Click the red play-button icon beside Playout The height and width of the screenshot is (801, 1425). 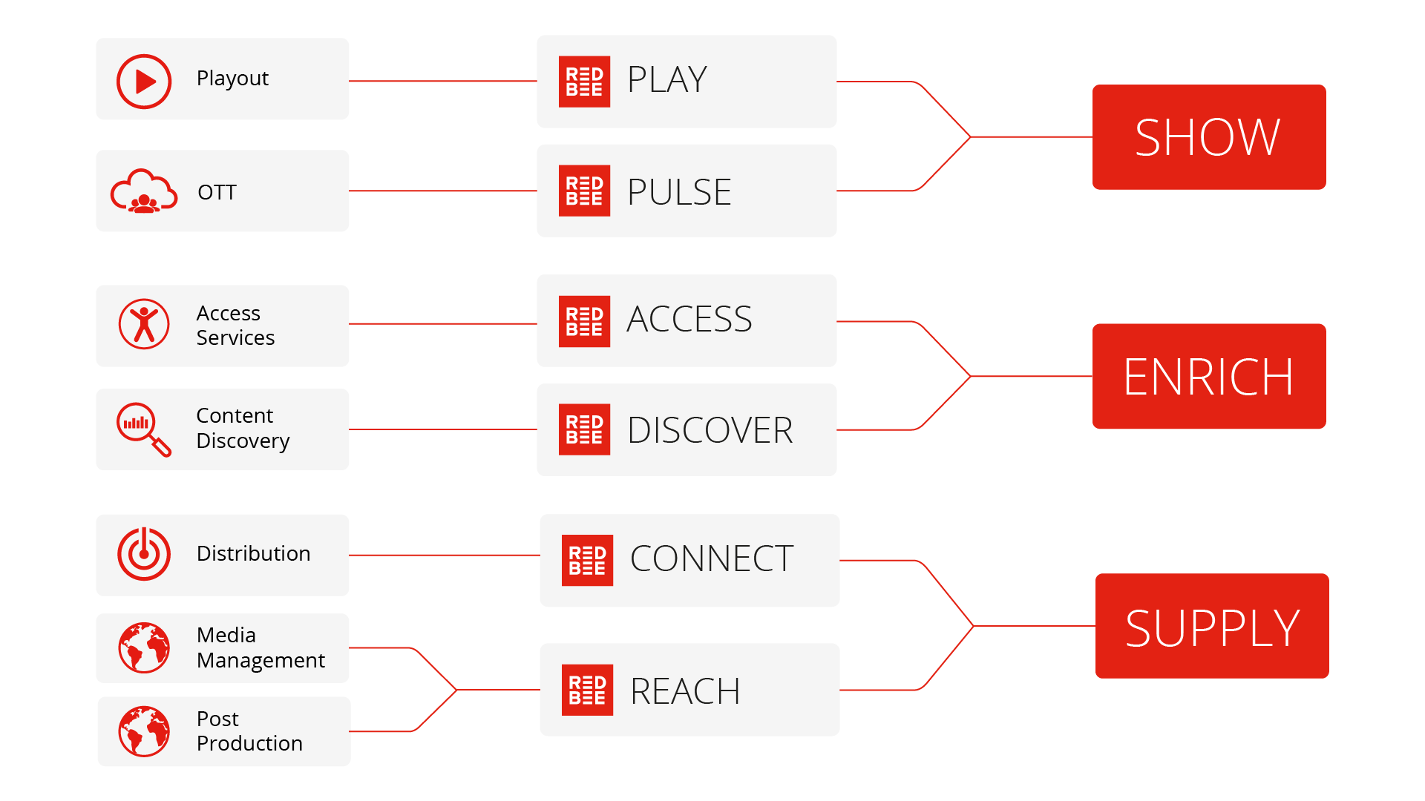click(x=144, y=82)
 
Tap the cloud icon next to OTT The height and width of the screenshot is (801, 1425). click(x=144, y=192)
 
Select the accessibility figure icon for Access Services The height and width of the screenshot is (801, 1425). click(x=144, y=324)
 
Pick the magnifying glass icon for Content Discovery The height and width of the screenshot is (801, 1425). click(x=142, y=429)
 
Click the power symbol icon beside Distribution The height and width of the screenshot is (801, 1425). click(x=144, y=554)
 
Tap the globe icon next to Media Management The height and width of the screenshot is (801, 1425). click(x=144, y=647)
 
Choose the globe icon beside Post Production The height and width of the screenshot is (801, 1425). click(x=144, y=731)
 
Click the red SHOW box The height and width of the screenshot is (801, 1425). click(x=1208, y=137)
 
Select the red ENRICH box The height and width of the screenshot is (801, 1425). click(x=1208, y=376)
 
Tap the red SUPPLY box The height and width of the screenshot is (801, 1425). click(x=1211, y=626)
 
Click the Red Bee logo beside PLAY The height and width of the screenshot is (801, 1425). click(x=584, y=82)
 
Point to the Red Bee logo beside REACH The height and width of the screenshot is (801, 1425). click(x=587, y=690)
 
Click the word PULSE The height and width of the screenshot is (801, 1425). click(x=679, y=192)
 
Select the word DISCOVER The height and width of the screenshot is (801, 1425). click(x=710, y=430)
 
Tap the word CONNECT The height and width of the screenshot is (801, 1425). click(x=712, y=558)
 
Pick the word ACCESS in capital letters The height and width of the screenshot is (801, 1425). click(x=689, y=320)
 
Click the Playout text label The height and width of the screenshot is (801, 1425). click(x=232, y=79)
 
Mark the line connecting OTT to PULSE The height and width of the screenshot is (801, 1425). click(x=442, y=191)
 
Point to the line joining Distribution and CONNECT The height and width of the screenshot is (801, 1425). click(x=444, y=555)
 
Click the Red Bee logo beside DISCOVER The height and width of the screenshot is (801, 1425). click(x=584, y=429)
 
